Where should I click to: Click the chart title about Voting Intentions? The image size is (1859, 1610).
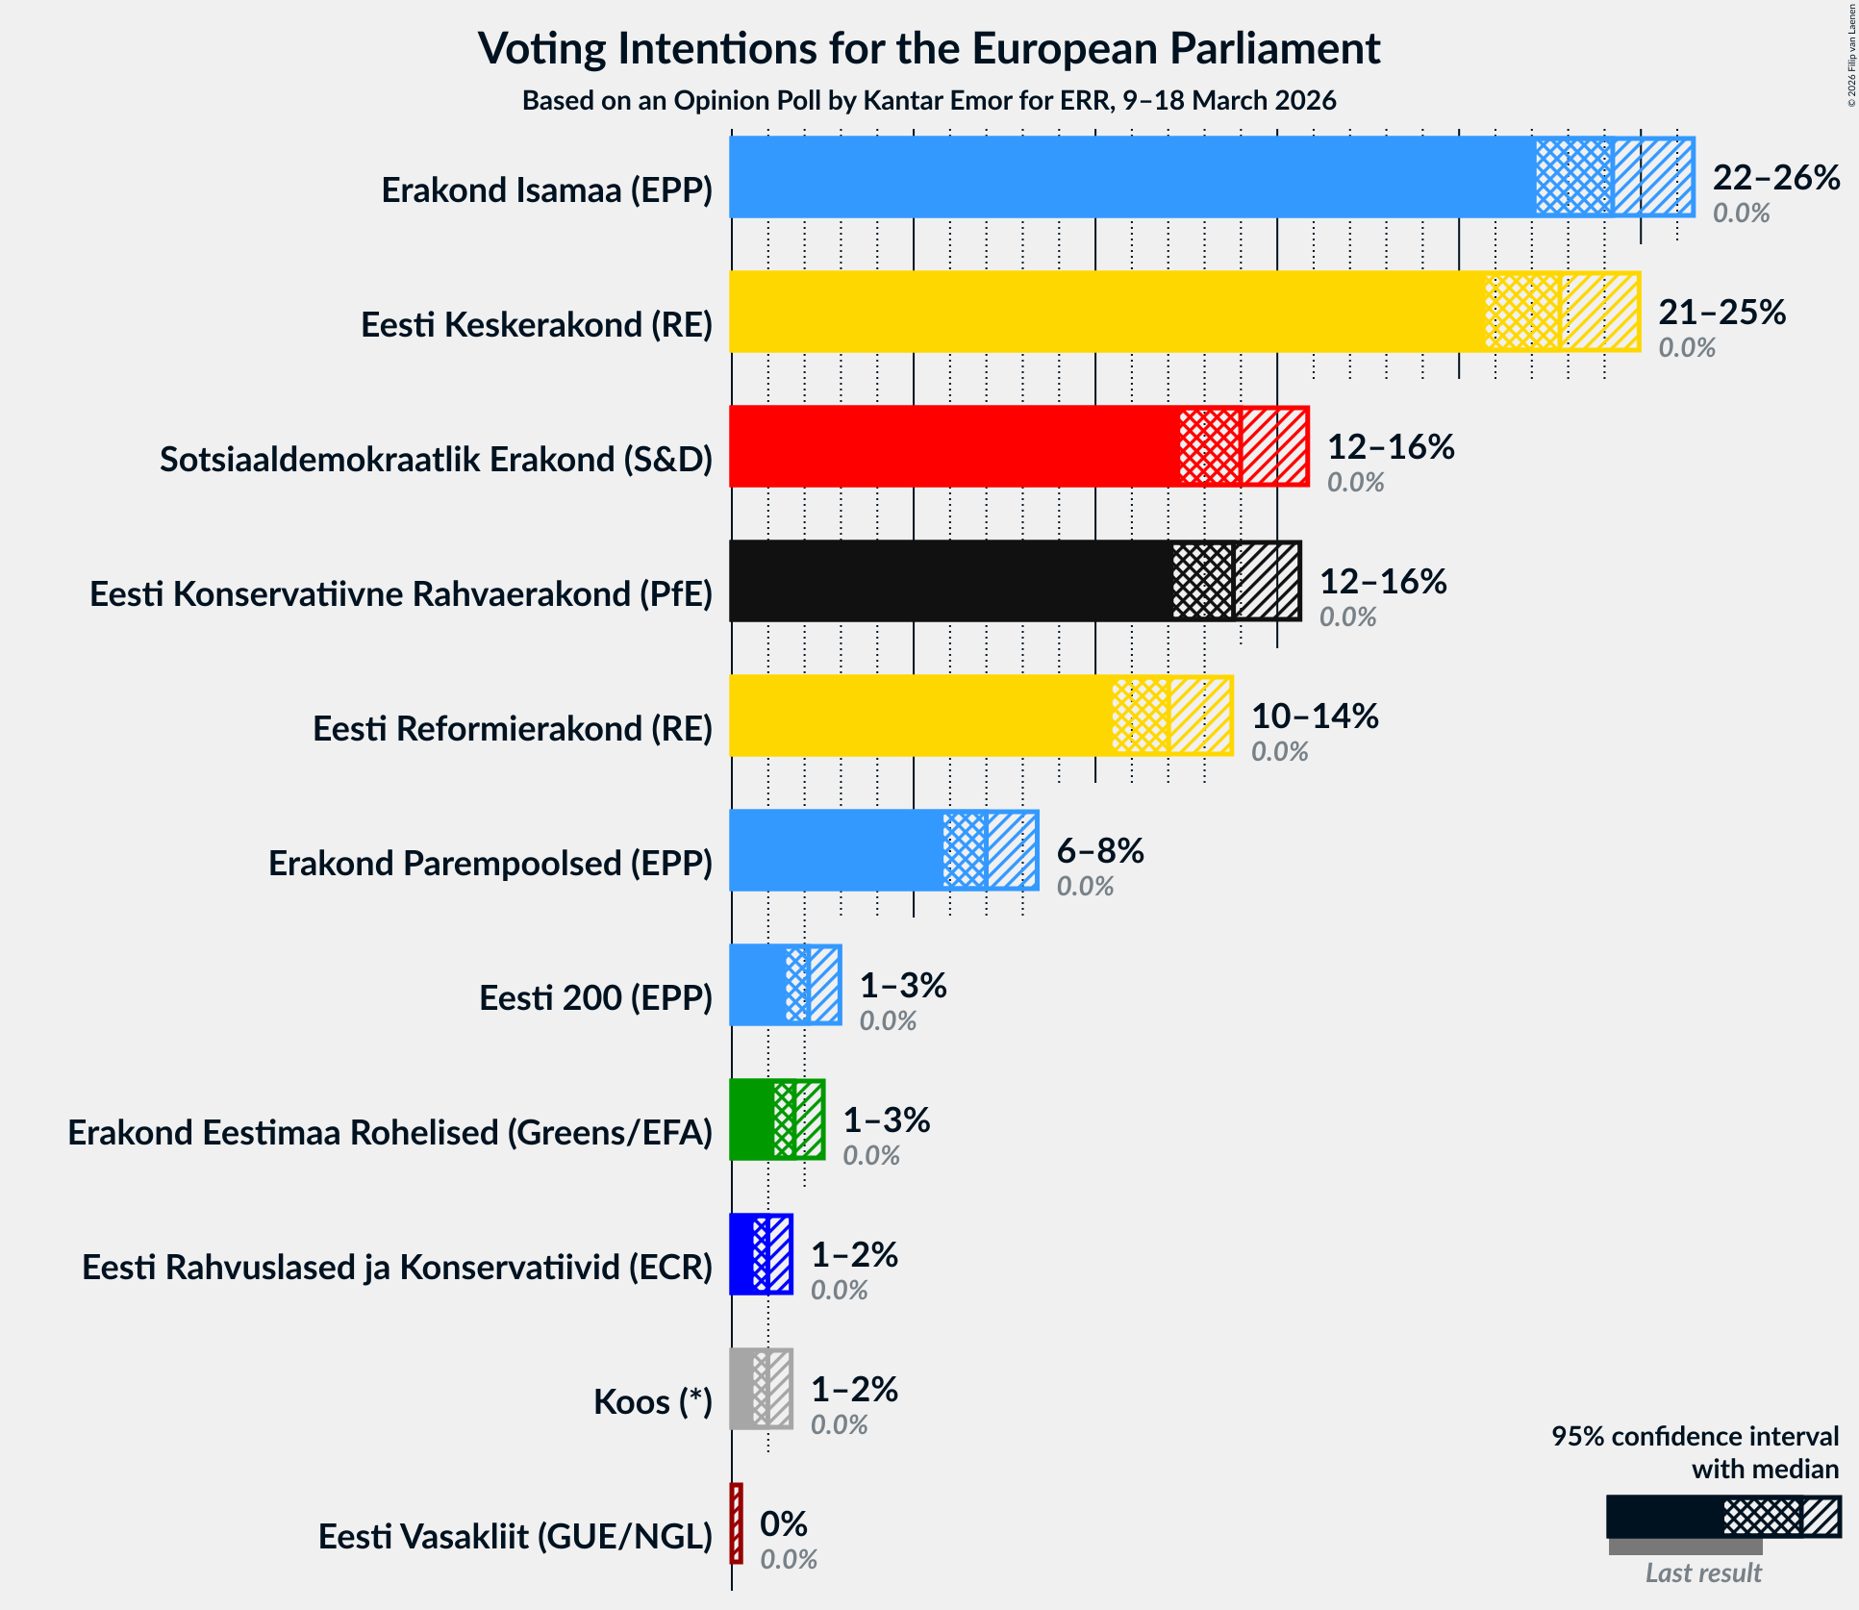929,48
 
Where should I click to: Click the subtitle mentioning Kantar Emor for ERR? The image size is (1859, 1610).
929,101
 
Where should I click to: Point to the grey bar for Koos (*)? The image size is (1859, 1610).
742,1389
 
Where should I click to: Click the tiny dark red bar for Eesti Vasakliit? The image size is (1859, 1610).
737,1523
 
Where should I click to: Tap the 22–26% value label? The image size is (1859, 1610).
1775,177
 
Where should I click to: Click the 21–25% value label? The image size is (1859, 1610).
1721,312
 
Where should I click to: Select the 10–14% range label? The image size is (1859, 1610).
1314,716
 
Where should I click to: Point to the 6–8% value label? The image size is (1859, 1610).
1099,850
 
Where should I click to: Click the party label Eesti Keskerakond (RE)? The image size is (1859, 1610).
537,325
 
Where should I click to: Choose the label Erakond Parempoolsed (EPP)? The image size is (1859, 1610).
490,864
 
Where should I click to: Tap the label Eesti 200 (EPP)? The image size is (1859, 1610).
595,998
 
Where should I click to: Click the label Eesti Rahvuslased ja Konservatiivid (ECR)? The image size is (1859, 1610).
397,1268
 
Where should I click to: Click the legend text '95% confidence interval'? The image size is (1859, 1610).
1695,1436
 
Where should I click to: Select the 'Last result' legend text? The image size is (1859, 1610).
1702,1572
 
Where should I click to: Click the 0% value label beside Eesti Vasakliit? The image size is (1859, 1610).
783,1523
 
